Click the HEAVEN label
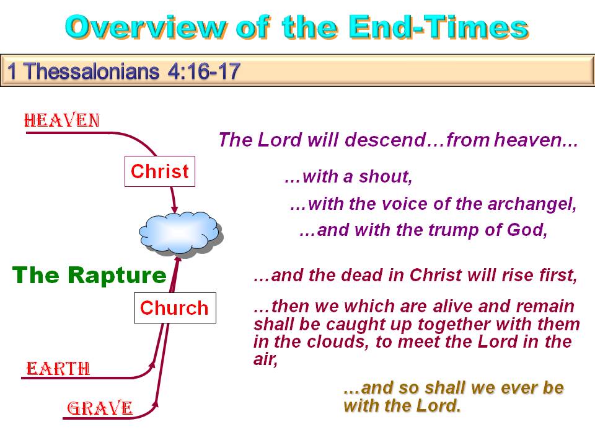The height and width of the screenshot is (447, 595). coord(62,120)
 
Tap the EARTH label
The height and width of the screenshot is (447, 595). coord(58,368)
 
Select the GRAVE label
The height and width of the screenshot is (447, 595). coord(100,409)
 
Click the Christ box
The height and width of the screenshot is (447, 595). coord(160,171)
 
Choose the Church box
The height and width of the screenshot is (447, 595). coord(175,308)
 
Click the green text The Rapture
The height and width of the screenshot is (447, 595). coord(89,275)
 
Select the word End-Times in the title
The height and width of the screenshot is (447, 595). coord(439,27)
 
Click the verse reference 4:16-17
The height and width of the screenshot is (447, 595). coord(204,71)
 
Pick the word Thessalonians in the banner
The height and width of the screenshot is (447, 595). coord(92,71)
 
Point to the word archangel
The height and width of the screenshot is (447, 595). coord(532,204)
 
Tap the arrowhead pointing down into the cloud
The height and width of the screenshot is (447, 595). coord(174,209)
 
